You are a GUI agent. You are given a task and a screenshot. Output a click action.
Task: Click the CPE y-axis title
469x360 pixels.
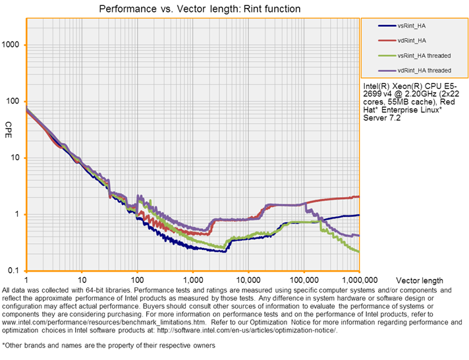[x=8, y=125]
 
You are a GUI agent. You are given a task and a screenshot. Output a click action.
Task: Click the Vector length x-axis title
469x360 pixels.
[x=418, y=280]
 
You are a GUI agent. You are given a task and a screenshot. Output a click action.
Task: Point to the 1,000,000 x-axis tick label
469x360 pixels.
[x=359, y=280]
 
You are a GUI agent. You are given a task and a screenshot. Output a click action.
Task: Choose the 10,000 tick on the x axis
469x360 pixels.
[x=248, y=280]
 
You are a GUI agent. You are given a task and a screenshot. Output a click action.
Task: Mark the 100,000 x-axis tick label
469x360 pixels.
[x=304, y=280]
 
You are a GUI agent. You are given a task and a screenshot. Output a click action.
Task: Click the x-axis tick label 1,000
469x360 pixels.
[x=193, y=280]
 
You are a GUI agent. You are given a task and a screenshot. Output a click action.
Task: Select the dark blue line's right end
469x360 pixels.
[x=358, y=215]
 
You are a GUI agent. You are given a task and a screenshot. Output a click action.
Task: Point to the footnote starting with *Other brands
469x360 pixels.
[x=108, y=345]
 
